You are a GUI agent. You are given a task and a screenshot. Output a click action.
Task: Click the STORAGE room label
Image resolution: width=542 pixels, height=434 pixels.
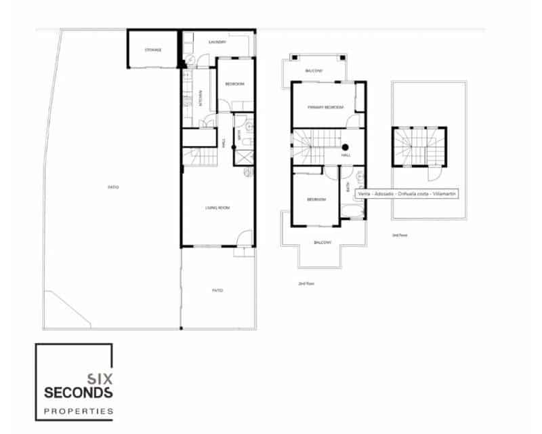(152, 50)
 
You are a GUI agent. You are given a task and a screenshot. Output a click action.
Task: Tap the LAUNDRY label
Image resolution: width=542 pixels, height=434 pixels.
(217, 42)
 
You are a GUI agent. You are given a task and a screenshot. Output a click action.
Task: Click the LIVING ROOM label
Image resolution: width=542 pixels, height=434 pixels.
(217, 208)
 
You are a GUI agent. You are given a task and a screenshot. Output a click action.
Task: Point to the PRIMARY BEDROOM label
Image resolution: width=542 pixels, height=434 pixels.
(325, 108)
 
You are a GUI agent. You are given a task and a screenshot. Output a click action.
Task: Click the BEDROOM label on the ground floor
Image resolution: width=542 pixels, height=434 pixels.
(234, 84)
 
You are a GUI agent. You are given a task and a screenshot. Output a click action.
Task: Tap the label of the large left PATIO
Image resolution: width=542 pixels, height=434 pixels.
(113, 187)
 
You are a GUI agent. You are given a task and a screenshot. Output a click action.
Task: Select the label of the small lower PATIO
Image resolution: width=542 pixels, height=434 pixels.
(217, 290)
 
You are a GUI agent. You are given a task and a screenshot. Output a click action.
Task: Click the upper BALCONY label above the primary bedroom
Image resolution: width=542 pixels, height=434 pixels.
(313, 71)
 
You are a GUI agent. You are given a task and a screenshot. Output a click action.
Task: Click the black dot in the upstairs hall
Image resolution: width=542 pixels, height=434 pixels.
(345, 147)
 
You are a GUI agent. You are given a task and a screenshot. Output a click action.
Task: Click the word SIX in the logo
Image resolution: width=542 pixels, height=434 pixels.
(100, 380)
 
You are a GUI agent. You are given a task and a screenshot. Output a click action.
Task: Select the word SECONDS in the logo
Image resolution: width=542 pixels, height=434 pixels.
(79, 393)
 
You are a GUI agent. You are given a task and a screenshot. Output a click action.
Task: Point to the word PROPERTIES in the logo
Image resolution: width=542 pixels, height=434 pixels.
(78, 410)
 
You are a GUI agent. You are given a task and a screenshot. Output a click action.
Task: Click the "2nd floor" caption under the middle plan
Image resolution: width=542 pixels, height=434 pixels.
(307, 283)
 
